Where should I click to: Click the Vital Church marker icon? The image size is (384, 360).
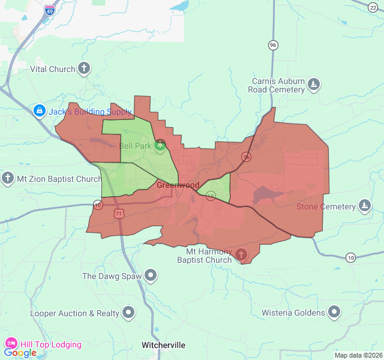click(84, 68)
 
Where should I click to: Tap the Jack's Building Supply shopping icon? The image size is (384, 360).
click(40, 111)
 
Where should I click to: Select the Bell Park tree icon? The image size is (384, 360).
click(160, 145)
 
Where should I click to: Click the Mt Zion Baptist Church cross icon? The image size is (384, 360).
click(8, 178)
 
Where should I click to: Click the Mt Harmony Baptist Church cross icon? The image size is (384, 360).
click(241, 255)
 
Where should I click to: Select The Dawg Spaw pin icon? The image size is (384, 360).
click(151, 276)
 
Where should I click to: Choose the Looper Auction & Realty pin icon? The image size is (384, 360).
click(128, 313)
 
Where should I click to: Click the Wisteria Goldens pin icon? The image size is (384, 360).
click(334, 312)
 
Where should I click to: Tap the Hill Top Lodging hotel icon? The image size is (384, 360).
click(11, 344)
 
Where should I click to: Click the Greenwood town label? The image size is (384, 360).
click(178, 185)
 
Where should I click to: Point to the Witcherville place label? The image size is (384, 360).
click(163, 345)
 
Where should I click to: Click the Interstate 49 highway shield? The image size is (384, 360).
click(50, 10)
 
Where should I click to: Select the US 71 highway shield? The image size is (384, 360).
click(120, 213)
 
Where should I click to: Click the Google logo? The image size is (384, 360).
click(20, 353)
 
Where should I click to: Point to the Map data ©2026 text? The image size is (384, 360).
click(358, 355)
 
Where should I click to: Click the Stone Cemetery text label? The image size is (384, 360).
click(326, 207)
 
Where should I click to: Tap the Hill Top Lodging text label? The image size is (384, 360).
click(51, 344)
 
